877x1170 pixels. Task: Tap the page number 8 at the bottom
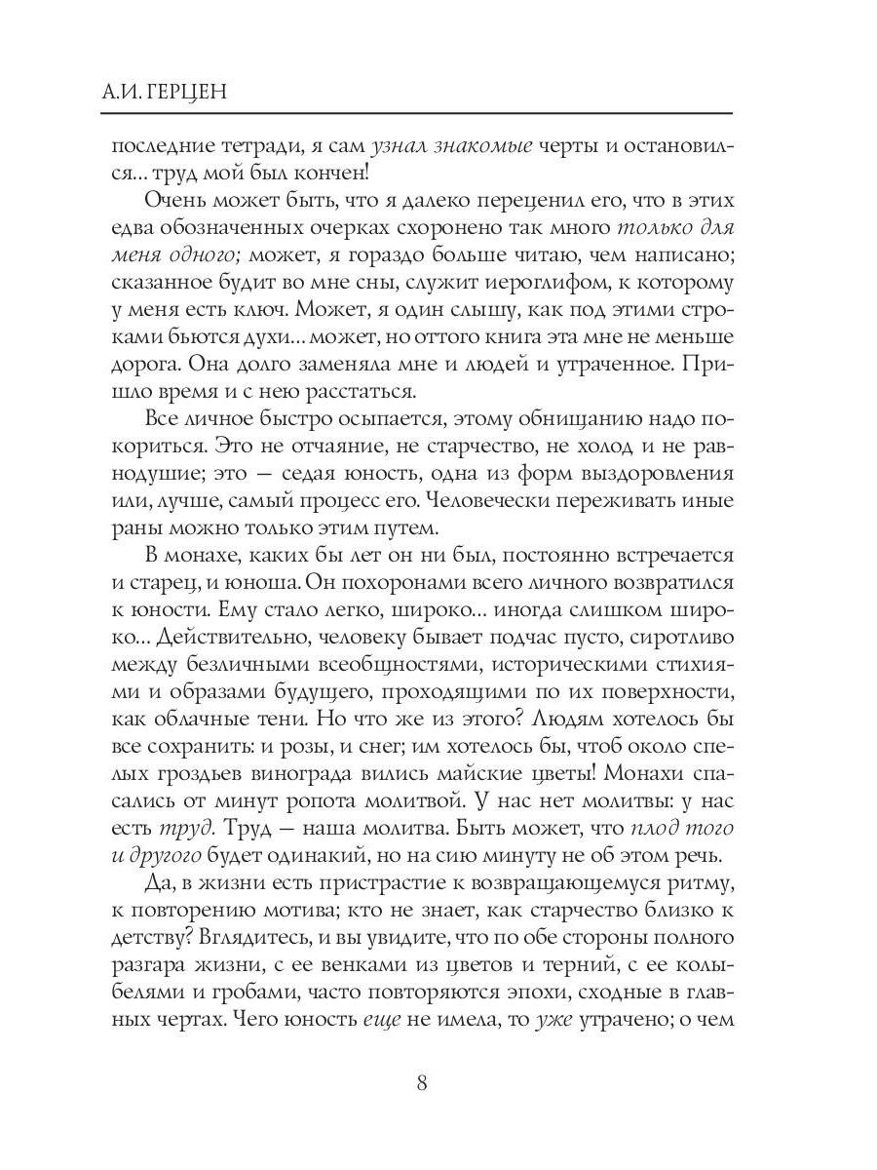[421, 1082]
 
